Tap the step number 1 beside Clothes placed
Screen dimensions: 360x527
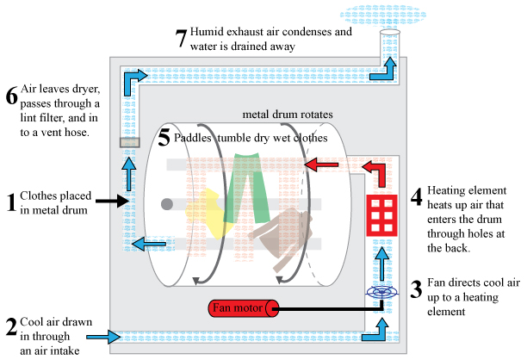[11, 203]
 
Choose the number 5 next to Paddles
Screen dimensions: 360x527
[165, 137]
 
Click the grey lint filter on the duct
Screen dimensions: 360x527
[130, 141]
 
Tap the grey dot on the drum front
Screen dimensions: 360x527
[167, 203]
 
